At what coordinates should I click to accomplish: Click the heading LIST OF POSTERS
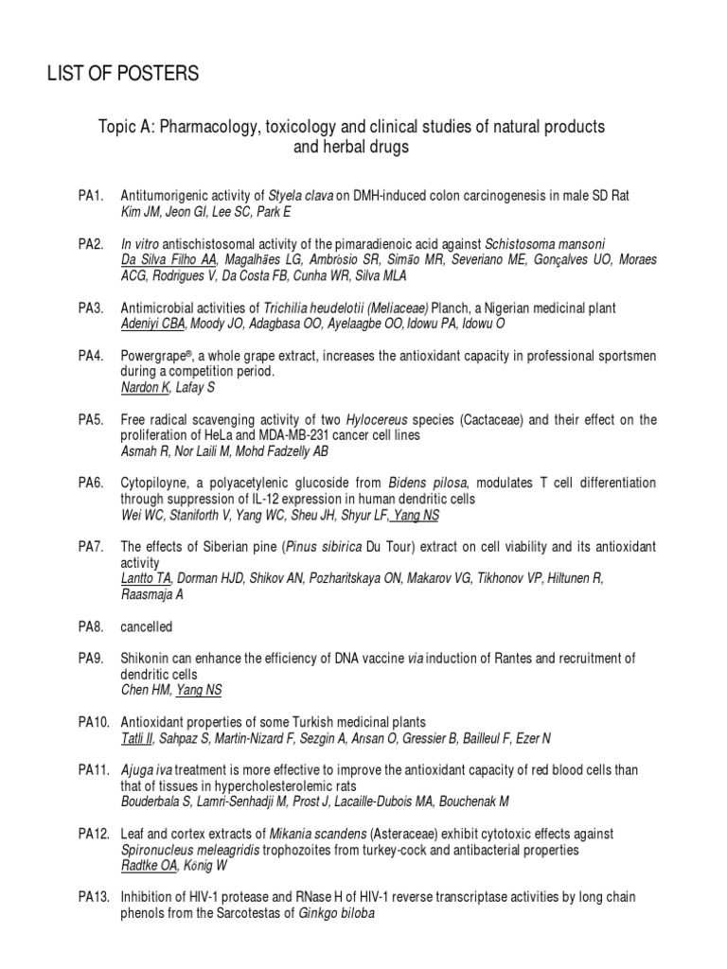pos(123,73)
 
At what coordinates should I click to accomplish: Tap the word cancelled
pos(147,626)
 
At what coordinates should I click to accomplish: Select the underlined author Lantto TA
pos(147,578)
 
